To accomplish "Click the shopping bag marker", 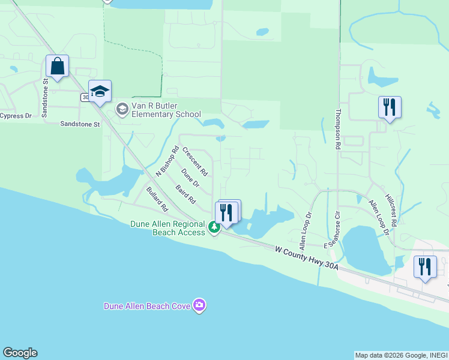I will click(57, 67).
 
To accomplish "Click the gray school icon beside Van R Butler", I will click(122, 109).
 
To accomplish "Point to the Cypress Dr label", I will click(15, 116).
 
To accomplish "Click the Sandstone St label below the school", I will click(79, 124).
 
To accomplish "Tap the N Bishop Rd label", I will click(167, 161).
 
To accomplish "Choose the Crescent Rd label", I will click(195, 161).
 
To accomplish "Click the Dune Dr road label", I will click(190, 179).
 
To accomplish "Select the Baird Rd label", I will click(186, 193).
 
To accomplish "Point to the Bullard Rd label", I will click(157, 199).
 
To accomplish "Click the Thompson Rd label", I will click(339, 128).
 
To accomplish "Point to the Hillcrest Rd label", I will click(391, 209).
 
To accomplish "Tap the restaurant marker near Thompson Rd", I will click(390, 107).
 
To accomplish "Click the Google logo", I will click(20, 353).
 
